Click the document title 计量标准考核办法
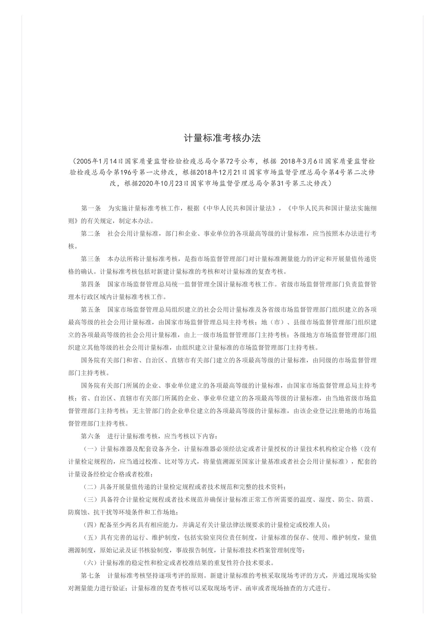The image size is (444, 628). (222, 138)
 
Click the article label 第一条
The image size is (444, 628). (91, 208)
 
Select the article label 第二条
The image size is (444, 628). (91, 234)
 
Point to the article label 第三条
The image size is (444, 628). (91, 259)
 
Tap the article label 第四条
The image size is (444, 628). (91, 284)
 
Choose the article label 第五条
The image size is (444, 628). (91, 309)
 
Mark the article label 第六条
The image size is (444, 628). (91, 436)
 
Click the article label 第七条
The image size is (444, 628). (91, 576)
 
